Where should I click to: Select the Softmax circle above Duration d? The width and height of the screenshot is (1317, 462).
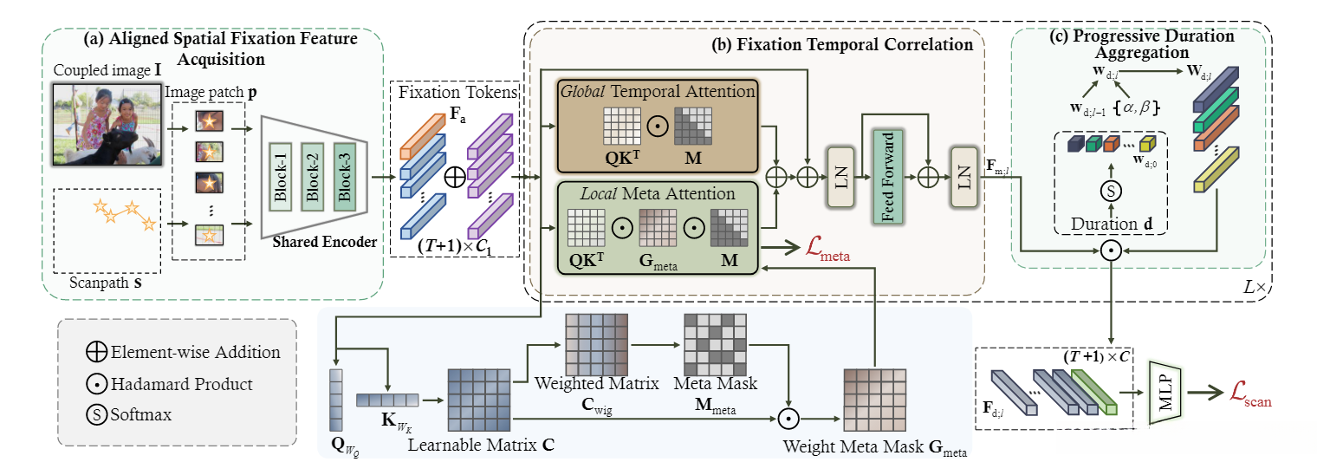point(1109,190)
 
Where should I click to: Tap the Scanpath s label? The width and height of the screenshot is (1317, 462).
point(100,282)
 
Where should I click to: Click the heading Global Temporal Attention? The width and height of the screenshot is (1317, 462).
point(658,91)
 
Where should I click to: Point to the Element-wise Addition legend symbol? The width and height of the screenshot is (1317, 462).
point(96,352)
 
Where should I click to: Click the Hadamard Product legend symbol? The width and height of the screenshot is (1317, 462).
point(96,383)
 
